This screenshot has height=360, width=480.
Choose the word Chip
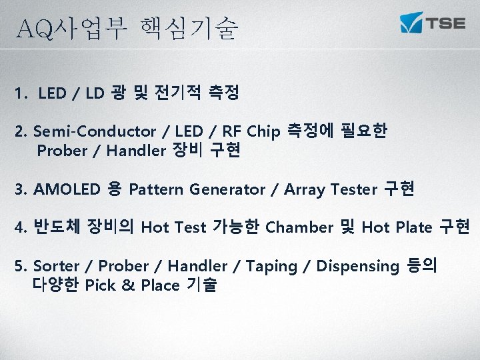click(264, 131)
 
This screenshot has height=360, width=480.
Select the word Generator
click(227, 189)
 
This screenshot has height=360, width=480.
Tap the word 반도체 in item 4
click(56, 227)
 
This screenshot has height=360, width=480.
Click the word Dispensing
click(357, 267)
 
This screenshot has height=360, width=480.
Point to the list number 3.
click(19, 189)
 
